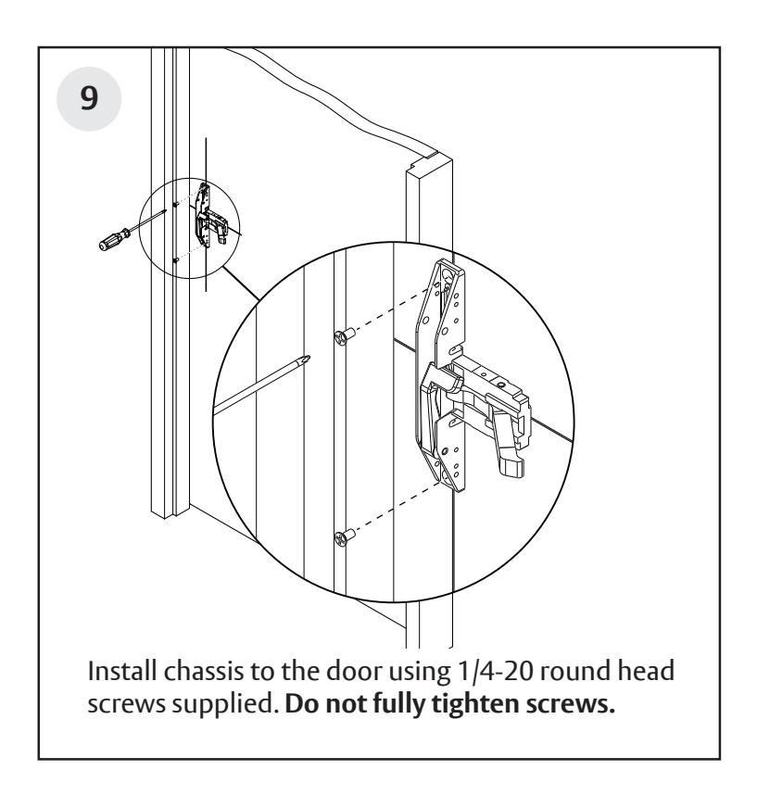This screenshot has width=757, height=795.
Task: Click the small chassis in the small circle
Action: (208, 218)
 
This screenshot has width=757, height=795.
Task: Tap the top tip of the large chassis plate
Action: (448, 263)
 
